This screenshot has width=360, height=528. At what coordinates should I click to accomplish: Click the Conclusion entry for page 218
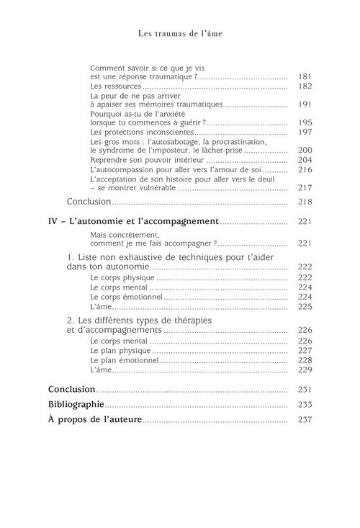tap(89, 202)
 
